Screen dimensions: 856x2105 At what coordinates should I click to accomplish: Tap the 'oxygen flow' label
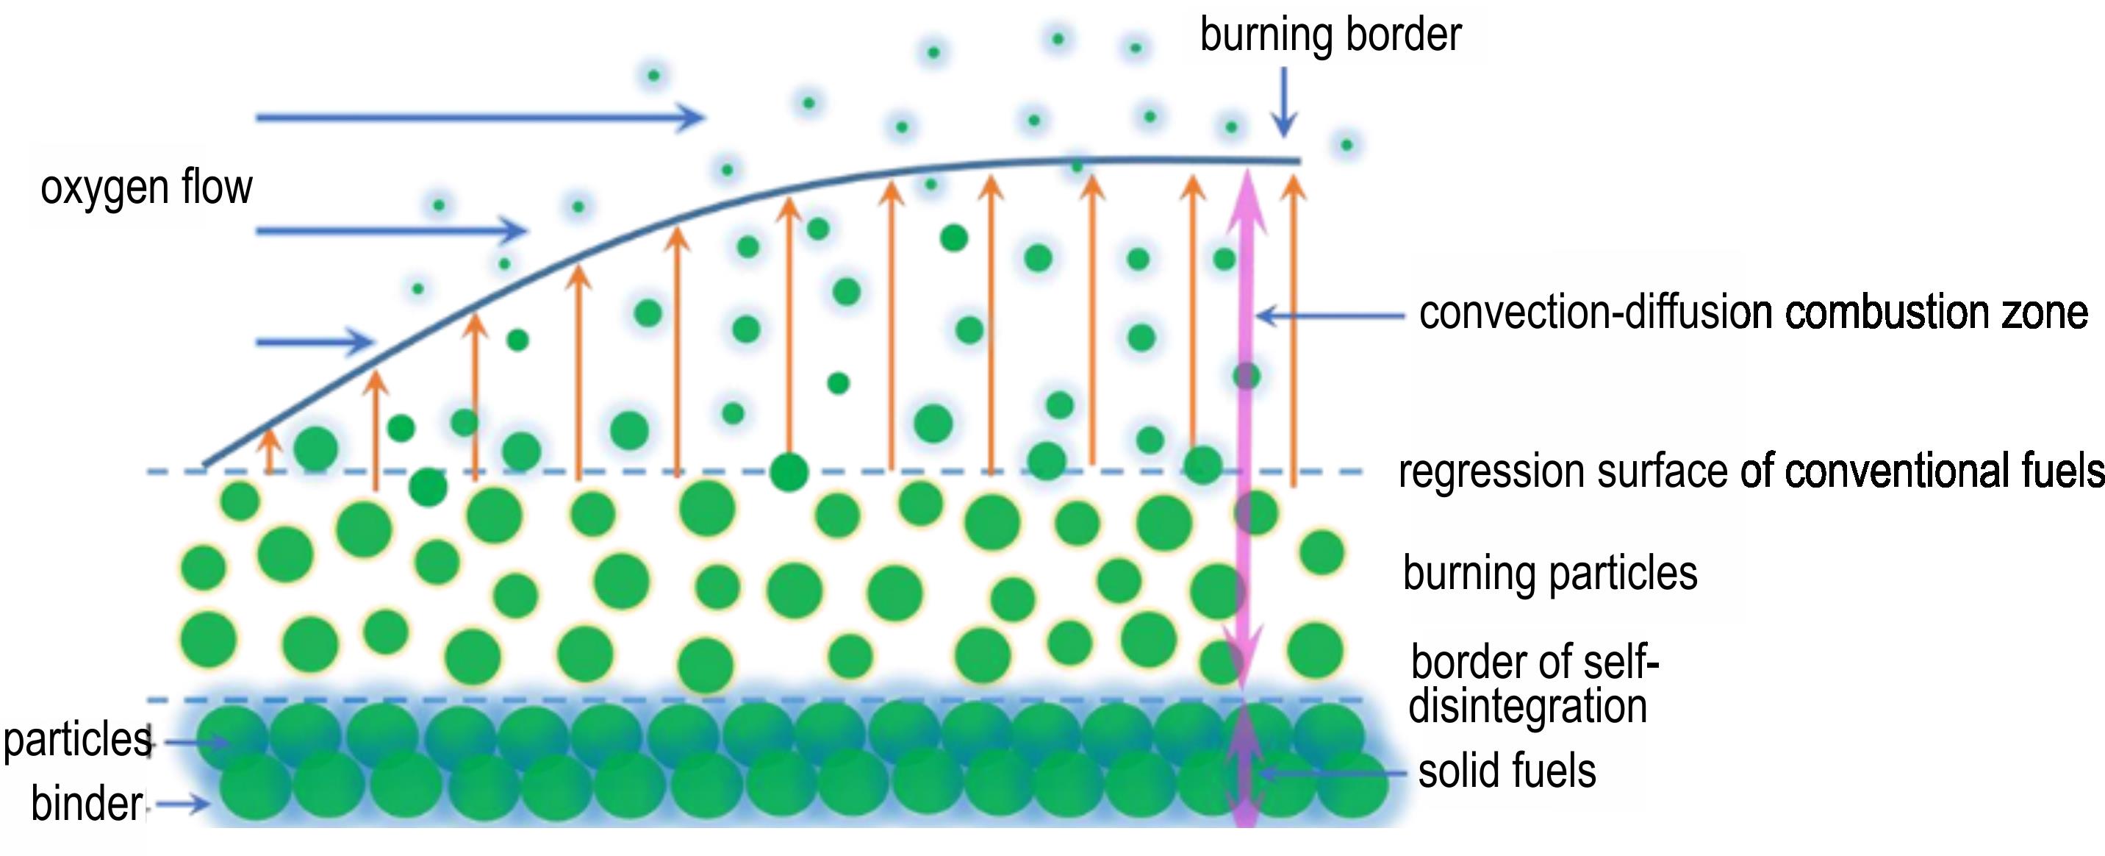coord(146,188)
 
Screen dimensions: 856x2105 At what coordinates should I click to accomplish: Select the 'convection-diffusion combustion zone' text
coord(1753,313)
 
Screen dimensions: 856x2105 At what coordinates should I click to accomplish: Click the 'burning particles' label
coord(1549,572)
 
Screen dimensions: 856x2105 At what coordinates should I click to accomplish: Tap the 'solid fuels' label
coord(1507,771)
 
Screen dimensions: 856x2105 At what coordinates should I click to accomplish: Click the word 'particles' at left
coord(78,740)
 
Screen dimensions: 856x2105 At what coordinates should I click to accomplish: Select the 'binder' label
coord(87,804)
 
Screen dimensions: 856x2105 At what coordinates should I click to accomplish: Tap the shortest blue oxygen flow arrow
coord(315,342)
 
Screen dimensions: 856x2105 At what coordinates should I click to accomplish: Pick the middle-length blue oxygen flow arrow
coord(390,232)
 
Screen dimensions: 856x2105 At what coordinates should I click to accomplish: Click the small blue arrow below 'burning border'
coord(1284,102)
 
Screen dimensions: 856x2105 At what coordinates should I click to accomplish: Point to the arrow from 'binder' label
coord(183,805)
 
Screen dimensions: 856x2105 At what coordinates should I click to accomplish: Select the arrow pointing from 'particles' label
coord(196,742)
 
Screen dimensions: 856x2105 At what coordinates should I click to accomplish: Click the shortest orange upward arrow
coord(270,452)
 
